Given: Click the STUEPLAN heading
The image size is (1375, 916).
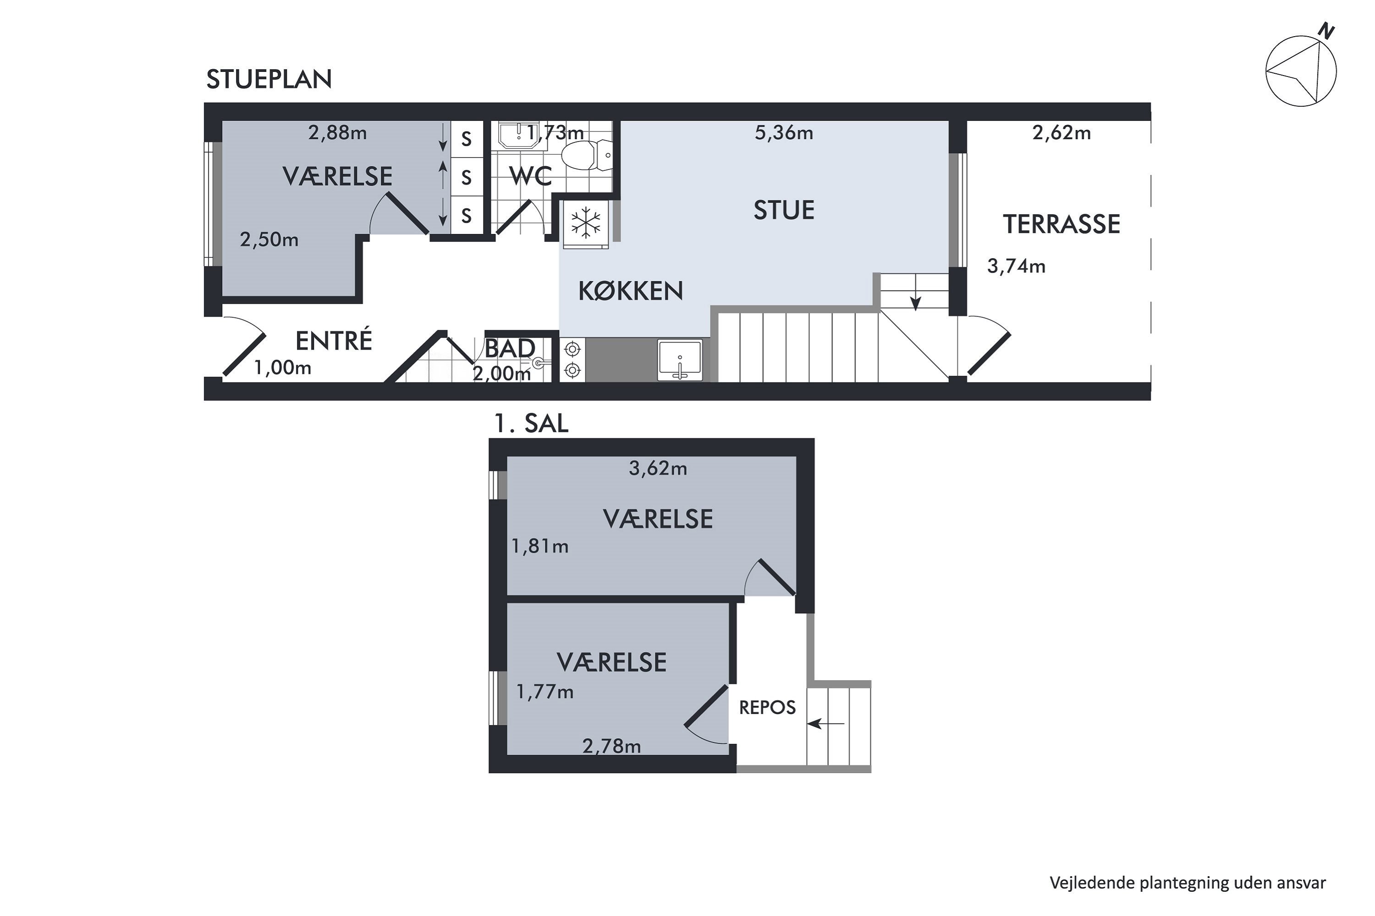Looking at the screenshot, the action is (x=269, y=79).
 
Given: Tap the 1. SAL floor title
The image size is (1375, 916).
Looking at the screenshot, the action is (x=531, y=424).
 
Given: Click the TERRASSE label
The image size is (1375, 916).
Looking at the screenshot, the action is (x=1061, y=224).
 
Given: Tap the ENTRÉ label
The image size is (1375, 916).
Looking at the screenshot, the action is (x=334, y=341).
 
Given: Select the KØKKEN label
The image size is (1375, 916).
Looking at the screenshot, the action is (x=631, y=291).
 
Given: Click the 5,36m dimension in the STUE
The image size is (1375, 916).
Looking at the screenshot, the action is (x=784, y=133).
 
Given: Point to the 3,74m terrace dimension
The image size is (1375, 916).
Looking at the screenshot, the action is (x=1016, y=267).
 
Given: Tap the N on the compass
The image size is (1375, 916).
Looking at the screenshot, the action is (x=1326, y=31).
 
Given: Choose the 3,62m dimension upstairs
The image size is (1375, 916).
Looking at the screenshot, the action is (x=658, y=469).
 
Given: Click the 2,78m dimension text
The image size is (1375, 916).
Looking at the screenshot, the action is (x=611, y=747).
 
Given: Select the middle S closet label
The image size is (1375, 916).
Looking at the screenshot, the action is (x=466, y=177).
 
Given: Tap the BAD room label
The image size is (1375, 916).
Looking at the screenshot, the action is (x=510, y=349).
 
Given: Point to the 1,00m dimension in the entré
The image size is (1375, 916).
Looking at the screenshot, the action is (x=282, y=368).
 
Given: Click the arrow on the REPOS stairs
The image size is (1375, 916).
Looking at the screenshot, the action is (x=825, y=725).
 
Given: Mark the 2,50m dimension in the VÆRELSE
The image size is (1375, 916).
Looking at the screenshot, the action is (x=269, y=240).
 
